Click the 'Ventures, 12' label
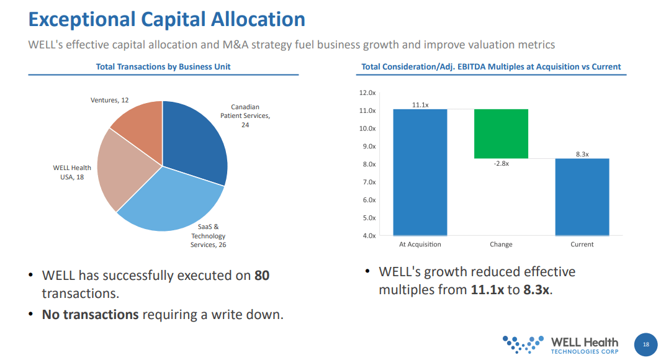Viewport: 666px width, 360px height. pos(110,100)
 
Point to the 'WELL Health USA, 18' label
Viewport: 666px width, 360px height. pos(72,173)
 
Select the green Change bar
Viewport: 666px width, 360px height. pos(501,133)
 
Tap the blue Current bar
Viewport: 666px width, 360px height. pos(582,197)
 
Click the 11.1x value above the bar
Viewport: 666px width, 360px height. pos(420,105)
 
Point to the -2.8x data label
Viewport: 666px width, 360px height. pos(500,164)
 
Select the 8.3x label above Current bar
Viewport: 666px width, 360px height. pos(582,154)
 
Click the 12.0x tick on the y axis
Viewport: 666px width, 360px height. pos(367,92)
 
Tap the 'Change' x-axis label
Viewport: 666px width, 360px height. pos(501,245)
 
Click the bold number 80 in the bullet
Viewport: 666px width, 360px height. pos(262,275)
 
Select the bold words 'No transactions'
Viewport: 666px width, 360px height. pos(90,315)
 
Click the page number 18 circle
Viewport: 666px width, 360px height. pos(646,344)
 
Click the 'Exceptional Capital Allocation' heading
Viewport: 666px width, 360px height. pos(167,19)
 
